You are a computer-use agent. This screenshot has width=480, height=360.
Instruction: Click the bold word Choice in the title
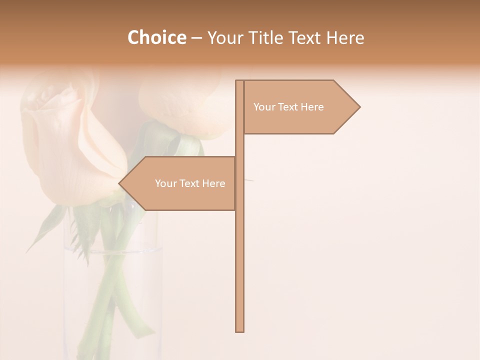156,37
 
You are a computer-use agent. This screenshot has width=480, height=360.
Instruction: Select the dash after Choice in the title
196,38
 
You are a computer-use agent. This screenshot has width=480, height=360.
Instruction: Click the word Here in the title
345,37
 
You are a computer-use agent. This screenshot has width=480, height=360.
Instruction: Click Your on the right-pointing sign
264,107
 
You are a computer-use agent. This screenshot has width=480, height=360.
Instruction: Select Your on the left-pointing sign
165,183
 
